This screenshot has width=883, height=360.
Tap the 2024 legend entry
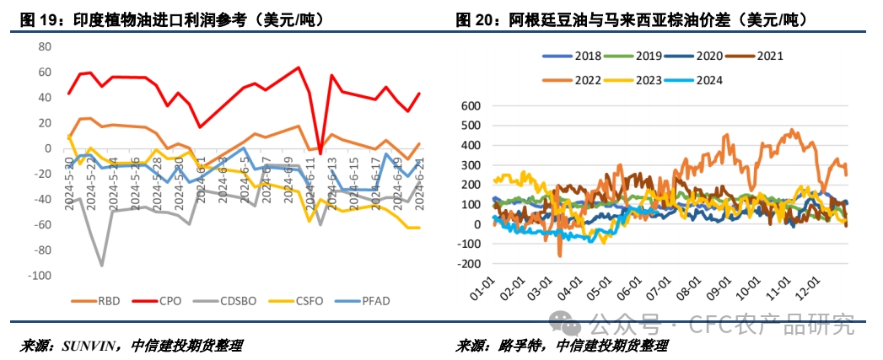(x=701, y=80)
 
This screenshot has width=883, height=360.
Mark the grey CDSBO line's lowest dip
(x=102, y=265)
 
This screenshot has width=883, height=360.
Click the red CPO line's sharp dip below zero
(x=320, y=153)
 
